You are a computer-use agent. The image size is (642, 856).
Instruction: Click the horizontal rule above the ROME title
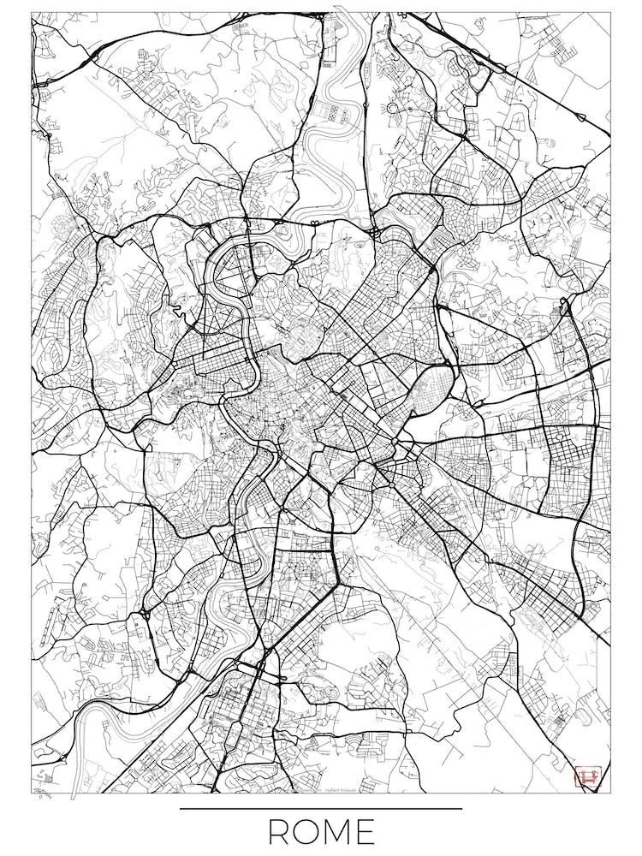(321, 808)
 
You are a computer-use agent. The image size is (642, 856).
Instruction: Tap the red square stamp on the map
(588, 777)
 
